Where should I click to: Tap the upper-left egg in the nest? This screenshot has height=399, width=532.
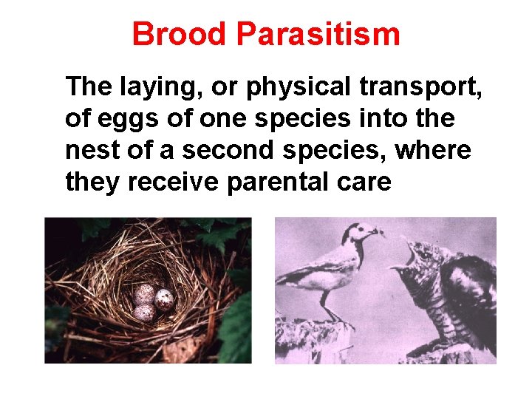click(143, 295)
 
